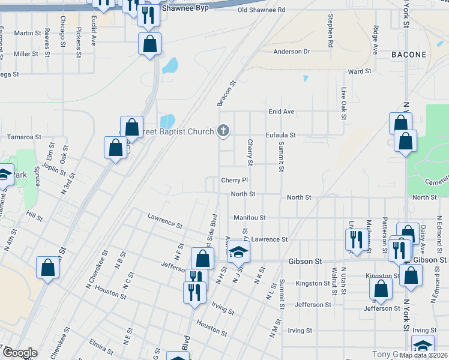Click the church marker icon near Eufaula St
point(223,130)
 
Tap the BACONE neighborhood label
point(409,55)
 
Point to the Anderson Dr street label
point(292,52)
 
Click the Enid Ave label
point(281,112)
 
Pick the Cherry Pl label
point(234,180)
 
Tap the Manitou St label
point(250,217)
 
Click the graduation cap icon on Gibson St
point(238,253)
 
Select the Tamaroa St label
point(23,137)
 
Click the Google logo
point(20,353)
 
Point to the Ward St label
point(360,71)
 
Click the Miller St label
point(26,54)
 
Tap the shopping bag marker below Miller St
point(149,43)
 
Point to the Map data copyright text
point(423,355)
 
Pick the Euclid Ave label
point(94,32)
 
